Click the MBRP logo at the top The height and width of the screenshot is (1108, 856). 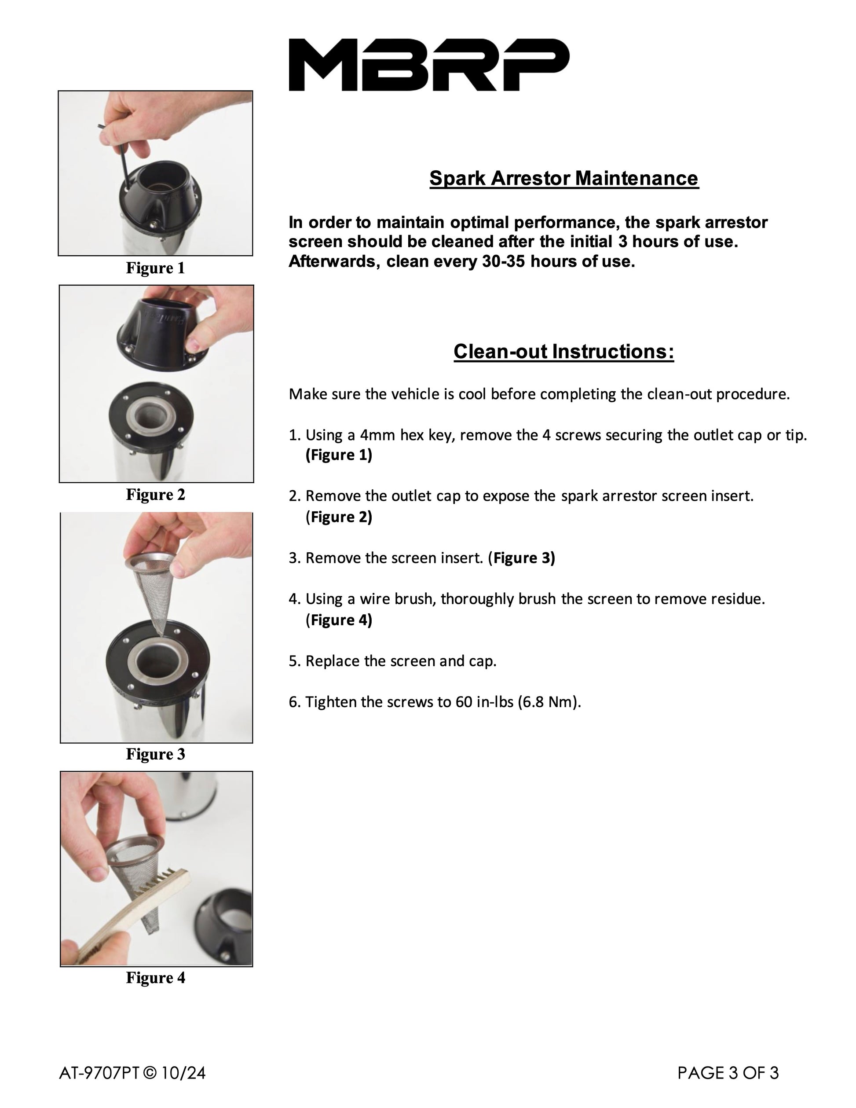click(x=428, y=65)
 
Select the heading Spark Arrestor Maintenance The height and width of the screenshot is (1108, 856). click(x=564, y=179)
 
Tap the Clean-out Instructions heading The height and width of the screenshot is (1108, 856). click(x=563, y=352)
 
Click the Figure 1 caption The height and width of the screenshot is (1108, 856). click(x=156, y=268)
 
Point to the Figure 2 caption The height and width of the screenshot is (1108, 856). click(x=156, y=494)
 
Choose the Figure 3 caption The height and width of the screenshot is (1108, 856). click(x=156, y=754)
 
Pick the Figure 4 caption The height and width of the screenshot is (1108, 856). click(x=156, y=977)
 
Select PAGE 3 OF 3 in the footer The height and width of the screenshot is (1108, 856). click(x=728, y=1073)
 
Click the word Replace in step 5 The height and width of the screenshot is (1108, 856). click(x=331, y=661)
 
